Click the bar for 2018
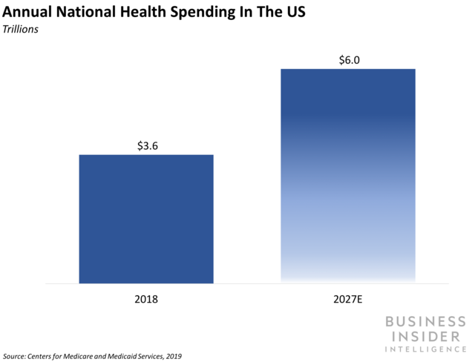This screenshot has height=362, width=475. click(146, 219)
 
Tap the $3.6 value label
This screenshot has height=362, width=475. click(147, 145)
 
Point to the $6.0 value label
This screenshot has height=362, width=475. click(347, 59)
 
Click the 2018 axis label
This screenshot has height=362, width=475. click(146, 301)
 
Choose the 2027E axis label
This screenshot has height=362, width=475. click(347, 301)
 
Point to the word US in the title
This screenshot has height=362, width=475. click(296, 13)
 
